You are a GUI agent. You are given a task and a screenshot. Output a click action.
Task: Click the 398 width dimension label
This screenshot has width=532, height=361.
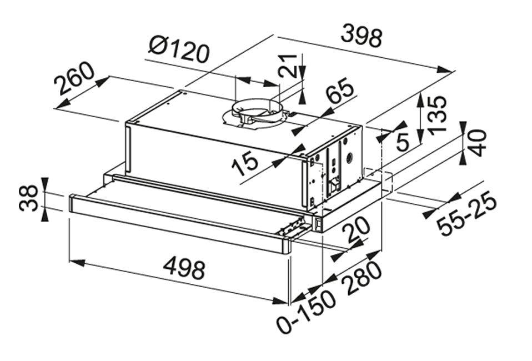[362, 36]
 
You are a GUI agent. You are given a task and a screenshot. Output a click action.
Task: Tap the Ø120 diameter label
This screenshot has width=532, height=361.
[179, 49]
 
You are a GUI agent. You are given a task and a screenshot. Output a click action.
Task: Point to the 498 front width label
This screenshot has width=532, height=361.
[184, 269]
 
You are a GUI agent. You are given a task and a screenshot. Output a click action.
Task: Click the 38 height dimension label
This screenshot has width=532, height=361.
[29, 198]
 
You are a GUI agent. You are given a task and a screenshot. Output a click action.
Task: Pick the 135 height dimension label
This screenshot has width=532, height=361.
[437, 113]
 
